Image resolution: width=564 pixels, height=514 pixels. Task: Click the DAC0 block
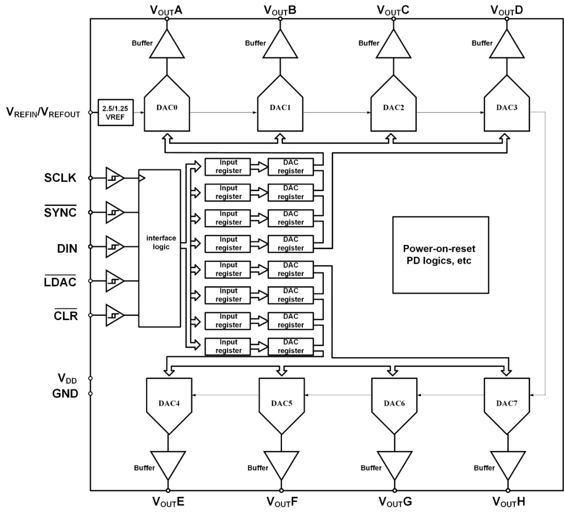point(167,109)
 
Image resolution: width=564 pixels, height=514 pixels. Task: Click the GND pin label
point(65,394)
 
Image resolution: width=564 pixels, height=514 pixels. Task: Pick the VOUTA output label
point(167,9)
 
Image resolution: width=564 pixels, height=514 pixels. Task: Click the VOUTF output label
point(281,503)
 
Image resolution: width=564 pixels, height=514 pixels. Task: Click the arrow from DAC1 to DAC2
point(337,112)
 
